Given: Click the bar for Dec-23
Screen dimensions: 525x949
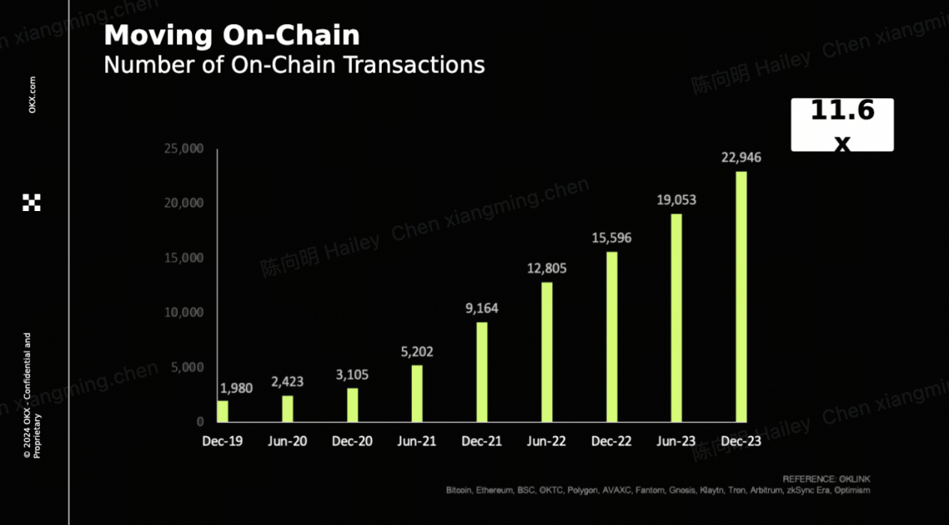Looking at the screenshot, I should coord(741,297).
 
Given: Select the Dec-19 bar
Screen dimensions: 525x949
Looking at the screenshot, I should coord(223,411).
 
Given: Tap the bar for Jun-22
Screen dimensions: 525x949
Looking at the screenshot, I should coord(547,352).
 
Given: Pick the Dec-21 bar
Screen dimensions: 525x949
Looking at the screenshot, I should coord(482,372).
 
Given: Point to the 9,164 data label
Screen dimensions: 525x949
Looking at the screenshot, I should coord(482,308).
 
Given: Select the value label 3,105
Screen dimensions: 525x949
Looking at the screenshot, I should coord(352,374).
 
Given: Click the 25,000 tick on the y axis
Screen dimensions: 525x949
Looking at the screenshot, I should coord(183,149).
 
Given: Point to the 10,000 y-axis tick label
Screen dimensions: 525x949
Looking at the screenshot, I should coord(183,312).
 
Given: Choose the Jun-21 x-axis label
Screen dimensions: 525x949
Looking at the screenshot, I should coord(416,442).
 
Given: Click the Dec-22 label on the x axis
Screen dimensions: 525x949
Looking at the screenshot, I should coord(611,442).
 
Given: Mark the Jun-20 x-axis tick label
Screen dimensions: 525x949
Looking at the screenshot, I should coord(287,442).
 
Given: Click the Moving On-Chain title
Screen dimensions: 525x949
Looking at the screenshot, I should coord(232,35).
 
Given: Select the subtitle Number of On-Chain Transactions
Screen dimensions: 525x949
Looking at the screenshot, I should coord(294,65).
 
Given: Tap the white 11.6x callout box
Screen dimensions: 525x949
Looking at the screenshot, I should coord(842,125).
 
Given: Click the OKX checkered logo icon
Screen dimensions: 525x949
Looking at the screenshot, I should coord(32,202).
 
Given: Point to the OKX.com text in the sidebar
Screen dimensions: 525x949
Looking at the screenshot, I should coord(32,95).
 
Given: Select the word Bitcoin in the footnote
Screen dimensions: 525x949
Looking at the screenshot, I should coord(459,490).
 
